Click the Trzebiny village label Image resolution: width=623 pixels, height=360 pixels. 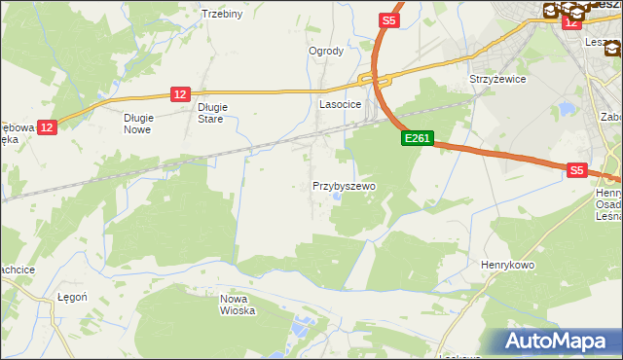(x=221, y=14)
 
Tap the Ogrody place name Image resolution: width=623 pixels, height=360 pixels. (x=326, y=52)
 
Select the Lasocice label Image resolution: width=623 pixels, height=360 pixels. (x=341, y=103)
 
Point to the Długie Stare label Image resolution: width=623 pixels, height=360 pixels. (x=210, y=113)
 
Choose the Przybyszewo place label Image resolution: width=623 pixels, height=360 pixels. (x=344, y=185)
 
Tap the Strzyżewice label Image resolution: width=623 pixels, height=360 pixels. (x=497, y=79)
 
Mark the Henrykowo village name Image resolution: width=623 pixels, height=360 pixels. (x=509, y=264)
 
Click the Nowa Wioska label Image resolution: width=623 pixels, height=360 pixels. (x=238, y=305)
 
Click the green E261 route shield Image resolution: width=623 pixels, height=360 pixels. (x=417, y=139)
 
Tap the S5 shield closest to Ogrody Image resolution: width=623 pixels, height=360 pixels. (x=389, y=19)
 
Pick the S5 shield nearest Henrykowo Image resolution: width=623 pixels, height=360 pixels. (x=577, y=170)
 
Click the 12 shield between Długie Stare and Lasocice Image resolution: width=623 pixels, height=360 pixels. (x=179, y=93)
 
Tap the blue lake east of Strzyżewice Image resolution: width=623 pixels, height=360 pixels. (x=565, y=109)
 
